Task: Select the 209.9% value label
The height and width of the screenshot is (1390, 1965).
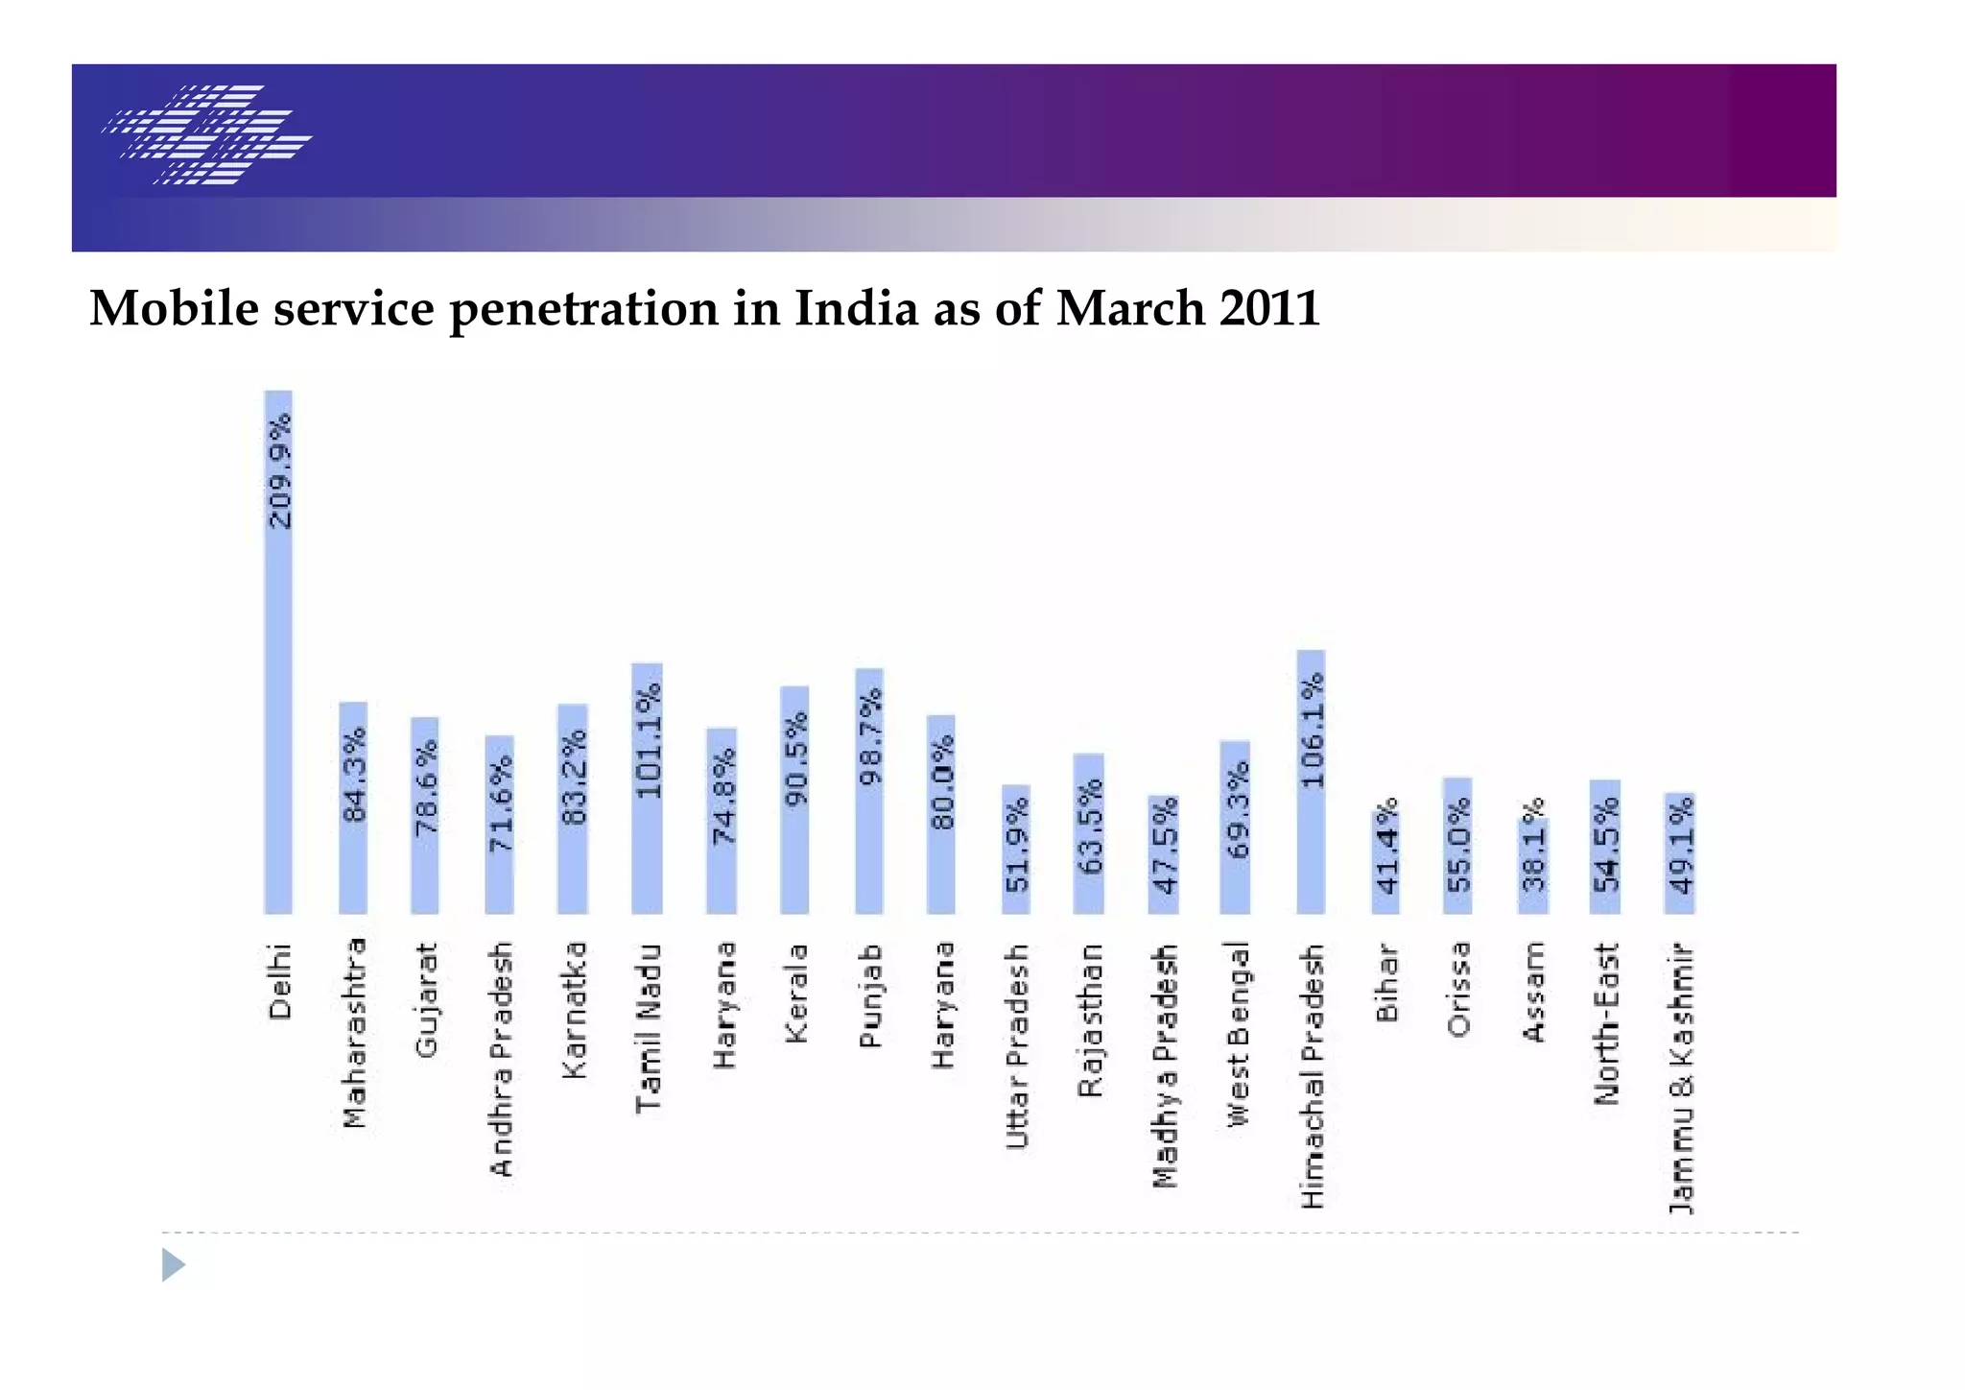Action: [279, 471]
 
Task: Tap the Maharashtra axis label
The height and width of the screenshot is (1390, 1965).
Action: [354, 1033]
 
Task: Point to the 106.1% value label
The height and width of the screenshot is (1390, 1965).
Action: [1312, 730]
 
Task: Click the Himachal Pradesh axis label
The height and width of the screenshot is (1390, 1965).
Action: [1312, 1076]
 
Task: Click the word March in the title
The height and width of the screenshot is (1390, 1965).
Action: [1129, 309]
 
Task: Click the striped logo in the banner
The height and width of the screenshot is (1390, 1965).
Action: [207, 134]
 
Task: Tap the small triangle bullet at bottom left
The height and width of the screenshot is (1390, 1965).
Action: [173, 1264]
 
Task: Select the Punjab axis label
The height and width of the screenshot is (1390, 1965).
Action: [869, 995]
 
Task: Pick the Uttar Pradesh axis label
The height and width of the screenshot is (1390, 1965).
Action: [1017, 1046]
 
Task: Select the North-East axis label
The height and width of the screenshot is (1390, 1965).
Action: [1606, 1023]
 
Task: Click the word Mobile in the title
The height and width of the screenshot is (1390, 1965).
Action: [174, 309]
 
